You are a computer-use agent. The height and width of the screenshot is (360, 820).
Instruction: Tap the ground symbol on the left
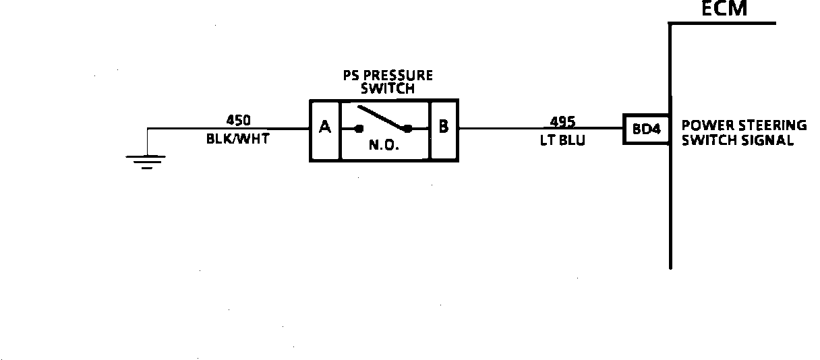(x=146, y=161)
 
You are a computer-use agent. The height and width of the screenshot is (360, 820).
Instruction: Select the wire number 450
(x=238, y=120)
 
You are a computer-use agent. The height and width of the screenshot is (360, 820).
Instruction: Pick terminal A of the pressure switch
(x=325, y=127)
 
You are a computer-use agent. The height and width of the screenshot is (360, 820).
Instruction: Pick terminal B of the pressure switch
(x=443, y=127)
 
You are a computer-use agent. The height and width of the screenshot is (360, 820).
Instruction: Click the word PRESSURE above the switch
(x=399, y=76)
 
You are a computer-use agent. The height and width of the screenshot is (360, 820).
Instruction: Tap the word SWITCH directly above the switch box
(x=387, y=88)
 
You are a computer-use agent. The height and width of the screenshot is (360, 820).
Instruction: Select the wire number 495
(x=562, y=121)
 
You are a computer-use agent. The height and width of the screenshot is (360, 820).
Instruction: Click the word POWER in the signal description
(x=703, y=125)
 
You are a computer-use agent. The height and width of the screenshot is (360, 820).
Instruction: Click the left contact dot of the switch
(x=359, y=128)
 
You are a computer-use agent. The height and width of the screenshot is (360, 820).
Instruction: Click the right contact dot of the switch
(x=407, y=128)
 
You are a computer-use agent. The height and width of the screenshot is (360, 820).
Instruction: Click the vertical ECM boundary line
(x=670, y=202)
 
